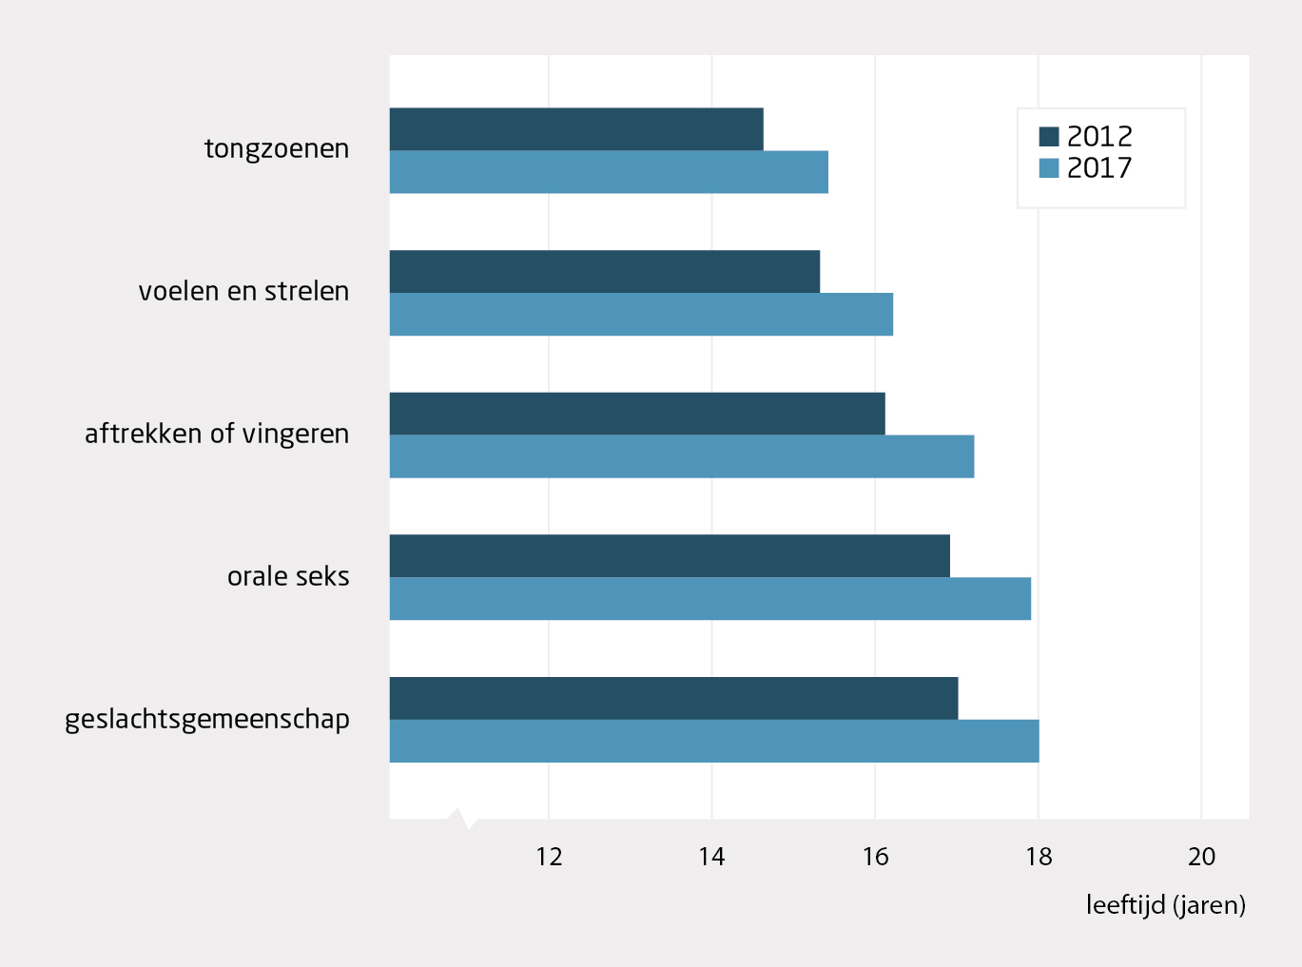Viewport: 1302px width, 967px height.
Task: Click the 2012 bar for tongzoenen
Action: coord(576,129)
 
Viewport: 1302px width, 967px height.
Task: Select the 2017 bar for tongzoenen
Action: coord(609,172)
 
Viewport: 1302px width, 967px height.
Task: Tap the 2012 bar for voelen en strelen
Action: coord(605,272)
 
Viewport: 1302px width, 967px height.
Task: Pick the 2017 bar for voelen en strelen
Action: coord(641,315)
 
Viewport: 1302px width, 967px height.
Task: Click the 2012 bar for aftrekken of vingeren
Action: coord(637,414)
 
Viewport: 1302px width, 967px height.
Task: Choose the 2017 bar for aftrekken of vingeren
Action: coord(682,456)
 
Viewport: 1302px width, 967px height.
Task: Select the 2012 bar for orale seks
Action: coord(670,556)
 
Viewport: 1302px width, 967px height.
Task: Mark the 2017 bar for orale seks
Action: coord(710,599)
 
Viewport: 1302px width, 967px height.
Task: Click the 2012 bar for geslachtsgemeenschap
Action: coord(673,698)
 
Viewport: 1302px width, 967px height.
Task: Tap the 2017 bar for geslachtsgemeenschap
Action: coord(714,741)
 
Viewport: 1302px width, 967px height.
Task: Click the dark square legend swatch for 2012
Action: coord(1049,136)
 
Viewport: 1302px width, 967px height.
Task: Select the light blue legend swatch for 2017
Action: coord(1049,168)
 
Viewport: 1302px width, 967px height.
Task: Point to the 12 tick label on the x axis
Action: coord(549,857)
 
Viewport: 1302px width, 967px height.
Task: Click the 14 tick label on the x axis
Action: coord(711,857)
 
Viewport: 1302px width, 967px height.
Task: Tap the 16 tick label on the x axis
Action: coord(875,857)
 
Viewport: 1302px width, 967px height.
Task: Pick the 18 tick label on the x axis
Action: coord(1039,857)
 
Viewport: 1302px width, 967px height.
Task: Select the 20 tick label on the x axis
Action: coord(1201,857)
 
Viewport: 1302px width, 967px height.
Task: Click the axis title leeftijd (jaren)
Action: coord(1165,905)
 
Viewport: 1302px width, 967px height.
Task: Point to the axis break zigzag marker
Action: coord(461,820)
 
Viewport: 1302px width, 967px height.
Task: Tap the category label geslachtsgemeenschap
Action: coord(207,720)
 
